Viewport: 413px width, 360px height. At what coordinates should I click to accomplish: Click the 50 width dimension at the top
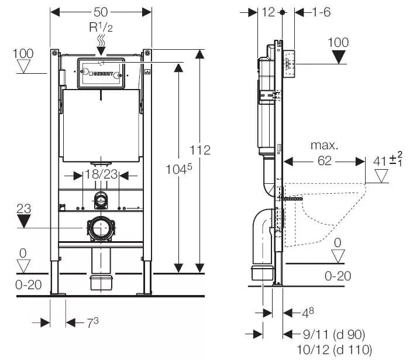[x=101, y=12]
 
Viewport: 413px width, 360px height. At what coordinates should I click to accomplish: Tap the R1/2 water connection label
[x=101, y=27]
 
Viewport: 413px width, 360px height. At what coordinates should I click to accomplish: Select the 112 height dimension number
[x=200, y=150]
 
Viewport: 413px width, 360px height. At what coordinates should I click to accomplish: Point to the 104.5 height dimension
[x=179, y=169]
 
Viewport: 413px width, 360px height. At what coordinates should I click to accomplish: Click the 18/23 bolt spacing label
[x=101, y=174]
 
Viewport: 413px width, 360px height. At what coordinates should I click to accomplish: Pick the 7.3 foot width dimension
[x=92, y=323]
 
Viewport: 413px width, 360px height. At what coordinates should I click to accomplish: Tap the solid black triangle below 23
[x=24, y=221]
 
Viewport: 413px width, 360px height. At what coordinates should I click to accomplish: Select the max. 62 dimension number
[x=325, y=161]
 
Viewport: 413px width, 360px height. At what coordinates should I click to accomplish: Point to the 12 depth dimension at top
[x=269, y=12]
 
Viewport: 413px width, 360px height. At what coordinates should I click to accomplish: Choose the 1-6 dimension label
[x=321, y=12]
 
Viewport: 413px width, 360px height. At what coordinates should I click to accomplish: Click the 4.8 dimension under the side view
[x=308, y=313]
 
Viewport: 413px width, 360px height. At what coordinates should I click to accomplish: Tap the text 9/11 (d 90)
[x=334, y=335]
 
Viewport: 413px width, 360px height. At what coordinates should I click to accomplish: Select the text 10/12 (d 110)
[x=335, y=349]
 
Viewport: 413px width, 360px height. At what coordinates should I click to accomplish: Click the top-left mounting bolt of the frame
[x=54, y=53]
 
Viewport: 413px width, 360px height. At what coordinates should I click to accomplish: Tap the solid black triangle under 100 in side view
[x=339, y=57]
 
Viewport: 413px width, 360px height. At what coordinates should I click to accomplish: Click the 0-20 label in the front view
[x=29, y=285]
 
